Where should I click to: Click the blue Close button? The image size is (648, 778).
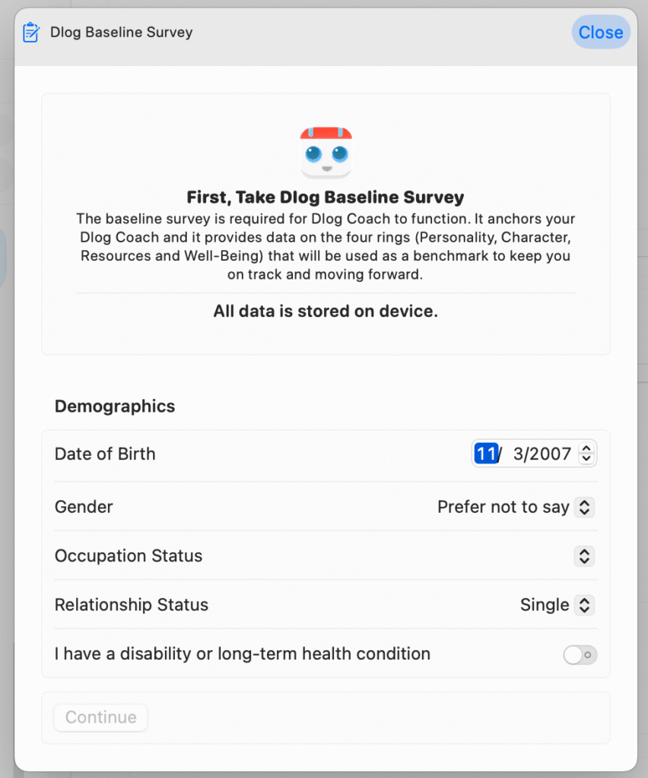600,33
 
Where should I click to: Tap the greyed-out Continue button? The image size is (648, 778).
100,717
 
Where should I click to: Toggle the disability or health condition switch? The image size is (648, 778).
580,654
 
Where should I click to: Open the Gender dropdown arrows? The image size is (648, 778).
583,508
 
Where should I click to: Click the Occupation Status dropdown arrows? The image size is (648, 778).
583,556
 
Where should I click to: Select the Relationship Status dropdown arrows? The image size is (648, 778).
583,606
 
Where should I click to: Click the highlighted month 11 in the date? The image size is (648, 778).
485,454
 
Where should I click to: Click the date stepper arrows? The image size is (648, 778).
586,454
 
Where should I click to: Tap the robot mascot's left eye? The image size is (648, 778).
313,154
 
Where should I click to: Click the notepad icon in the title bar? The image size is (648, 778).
31,33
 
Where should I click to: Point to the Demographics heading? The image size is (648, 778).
115,406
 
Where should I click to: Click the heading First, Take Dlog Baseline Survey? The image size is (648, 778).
326,198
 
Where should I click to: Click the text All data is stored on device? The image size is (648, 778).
326,312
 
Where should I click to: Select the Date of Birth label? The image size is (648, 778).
105,454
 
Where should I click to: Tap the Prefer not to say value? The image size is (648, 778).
503,508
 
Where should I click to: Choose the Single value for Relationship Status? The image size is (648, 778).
545,606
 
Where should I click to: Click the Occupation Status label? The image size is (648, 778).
129,556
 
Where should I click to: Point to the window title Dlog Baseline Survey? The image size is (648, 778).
122,33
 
